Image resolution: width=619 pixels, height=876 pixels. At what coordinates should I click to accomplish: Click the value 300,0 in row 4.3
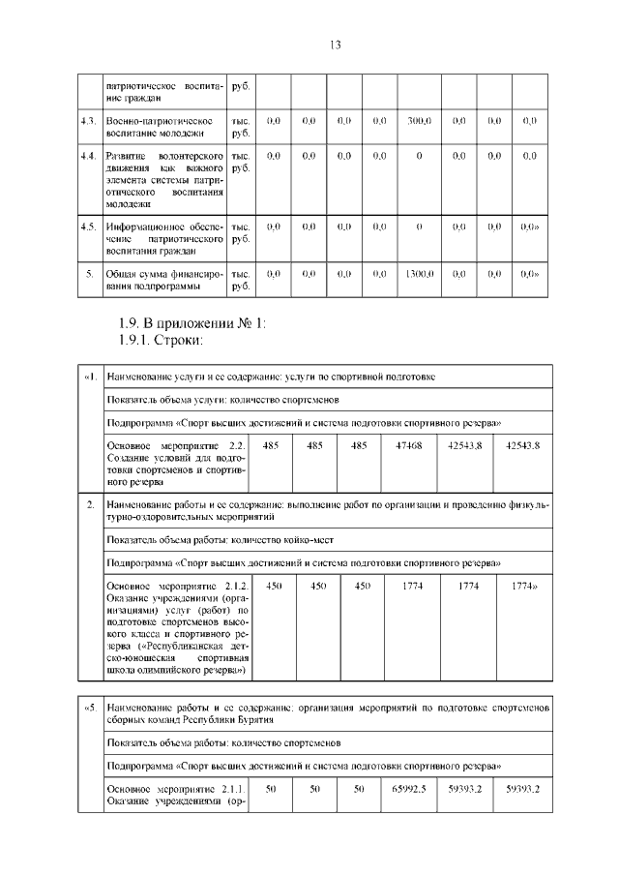(418, 121)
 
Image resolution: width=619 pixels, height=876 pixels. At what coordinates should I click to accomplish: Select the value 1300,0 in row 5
(418, 274)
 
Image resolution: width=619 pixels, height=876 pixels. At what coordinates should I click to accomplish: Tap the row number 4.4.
(89, 156)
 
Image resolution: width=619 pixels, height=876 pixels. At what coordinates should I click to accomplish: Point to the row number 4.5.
(89, 227)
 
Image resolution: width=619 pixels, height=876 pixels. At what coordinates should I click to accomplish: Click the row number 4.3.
(89, 121)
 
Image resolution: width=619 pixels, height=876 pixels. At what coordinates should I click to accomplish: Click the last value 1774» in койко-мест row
(524, 586)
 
